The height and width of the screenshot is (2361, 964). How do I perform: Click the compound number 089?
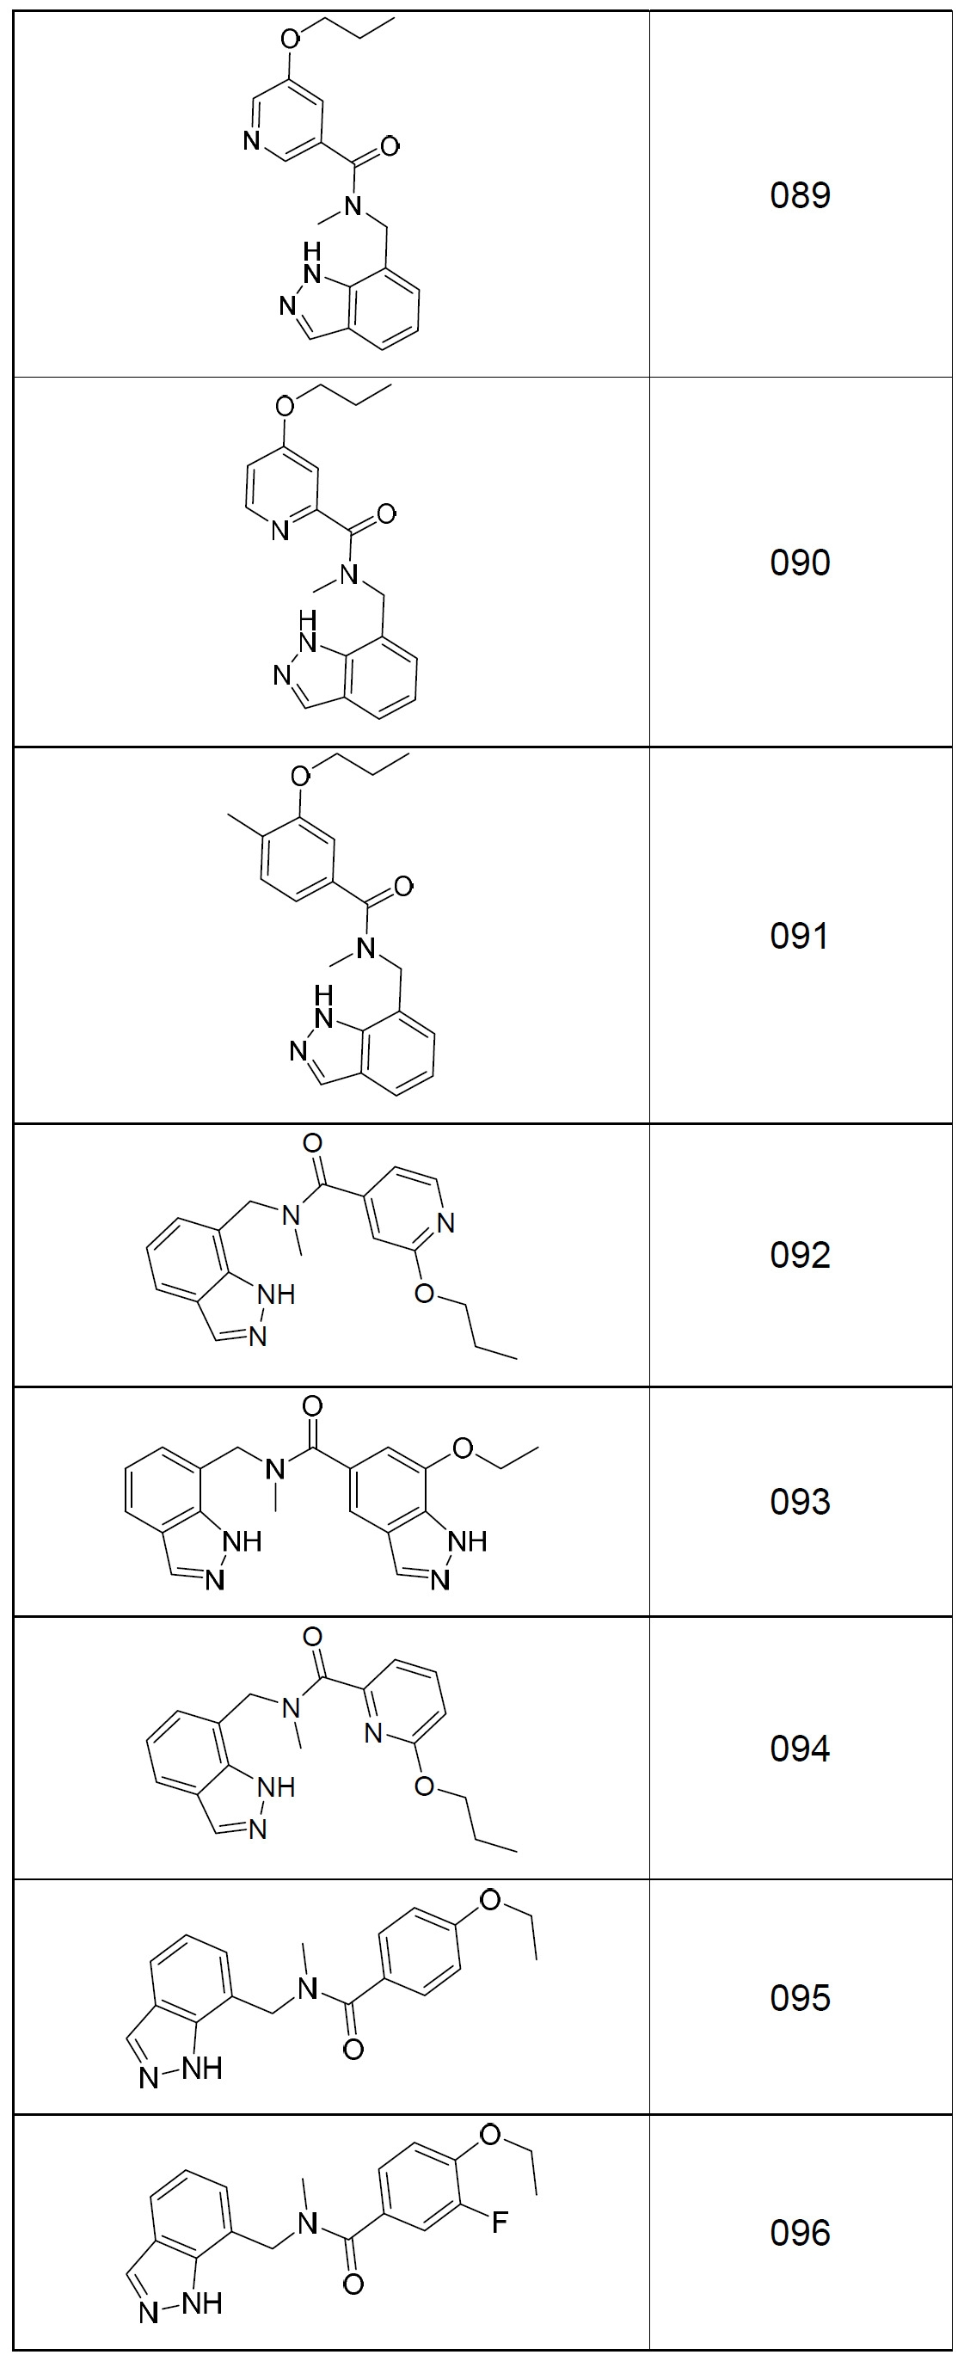tap(800, 195)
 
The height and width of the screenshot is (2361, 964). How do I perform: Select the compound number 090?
tap(800, 562)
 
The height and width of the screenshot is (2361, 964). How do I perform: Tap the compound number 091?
tap(800, 936)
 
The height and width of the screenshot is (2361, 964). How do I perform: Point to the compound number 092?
tap(800, 1255)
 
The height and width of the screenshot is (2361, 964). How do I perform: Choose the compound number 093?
tap(800, 1503)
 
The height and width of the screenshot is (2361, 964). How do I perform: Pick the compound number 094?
tap(800, 1749)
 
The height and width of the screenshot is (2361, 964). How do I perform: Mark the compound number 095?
tap(800, 1998)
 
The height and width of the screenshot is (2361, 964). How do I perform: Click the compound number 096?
tap(800, 2234)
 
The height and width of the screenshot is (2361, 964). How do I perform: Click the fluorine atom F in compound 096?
tap(500, 2223)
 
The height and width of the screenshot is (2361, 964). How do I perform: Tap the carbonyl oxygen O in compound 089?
tap(390, 146)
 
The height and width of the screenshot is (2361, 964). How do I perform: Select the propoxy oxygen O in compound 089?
tap(291, 39)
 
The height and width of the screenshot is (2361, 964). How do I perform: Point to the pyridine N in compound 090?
tap(280, 531)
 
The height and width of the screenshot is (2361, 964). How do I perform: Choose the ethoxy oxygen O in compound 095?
tap(491, 1900)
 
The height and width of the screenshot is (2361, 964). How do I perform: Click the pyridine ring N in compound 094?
tap(373, 1732)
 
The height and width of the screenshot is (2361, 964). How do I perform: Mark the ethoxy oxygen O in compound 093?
tap(464, 1448)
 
